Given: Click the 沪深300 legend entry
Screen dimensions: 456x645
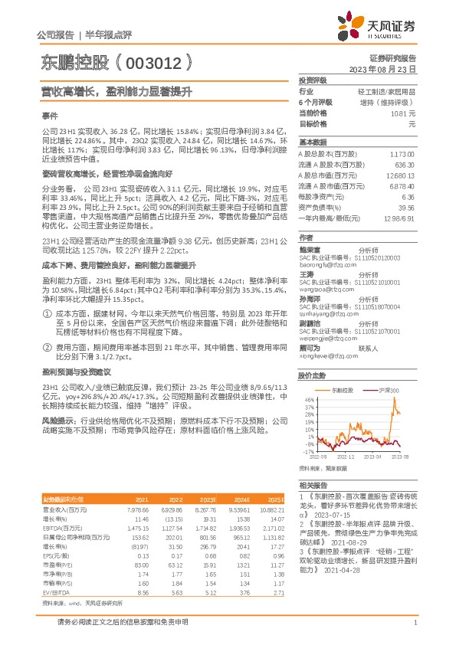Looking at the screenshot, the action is point(391,391).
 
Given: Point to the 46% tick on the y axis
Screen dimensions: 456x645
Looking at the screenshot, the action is point(309,399).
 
